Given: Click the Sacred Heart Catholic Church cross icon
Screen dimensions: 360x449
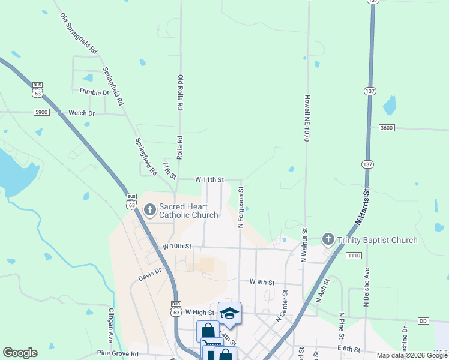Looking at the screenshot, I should [149, 210].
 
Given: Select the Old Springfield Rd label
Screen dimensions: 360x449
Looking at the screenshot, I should [79, 34].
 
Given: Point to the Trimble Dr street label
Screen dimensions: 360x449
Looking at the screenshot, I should [94, 92].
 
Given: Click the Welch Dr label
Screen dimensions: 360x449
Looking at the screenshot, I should [82, 113].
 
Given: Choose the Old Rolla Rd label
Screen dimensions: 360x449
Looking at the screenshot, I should [179, 92].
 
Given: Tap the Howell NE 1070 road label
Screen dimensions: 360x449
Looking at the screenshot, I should [306, 118].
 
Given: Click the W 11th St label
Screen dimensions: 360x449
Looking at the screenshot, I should [209, 179].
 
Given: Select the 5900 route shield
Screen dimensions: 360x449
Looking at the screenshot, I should [41, 112].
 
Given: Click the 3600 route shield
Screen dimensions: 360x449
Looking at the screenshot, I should [387, 128].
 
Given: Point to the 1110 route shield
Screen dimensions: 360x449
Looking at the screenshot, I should [354, 256].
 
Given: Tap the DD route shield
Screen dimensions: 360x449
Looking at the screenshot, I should [424, 321].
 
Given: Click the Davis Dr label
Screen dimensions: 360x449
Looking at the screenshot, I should [150, 275].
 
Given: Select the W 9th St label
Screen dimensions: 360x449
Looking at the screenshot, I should [261, 281].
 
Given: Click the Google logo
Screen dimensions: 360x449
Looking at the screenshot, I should [20, 353].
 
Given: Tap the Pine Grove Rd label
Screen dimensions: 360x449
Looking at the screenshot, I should [118, 354].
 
